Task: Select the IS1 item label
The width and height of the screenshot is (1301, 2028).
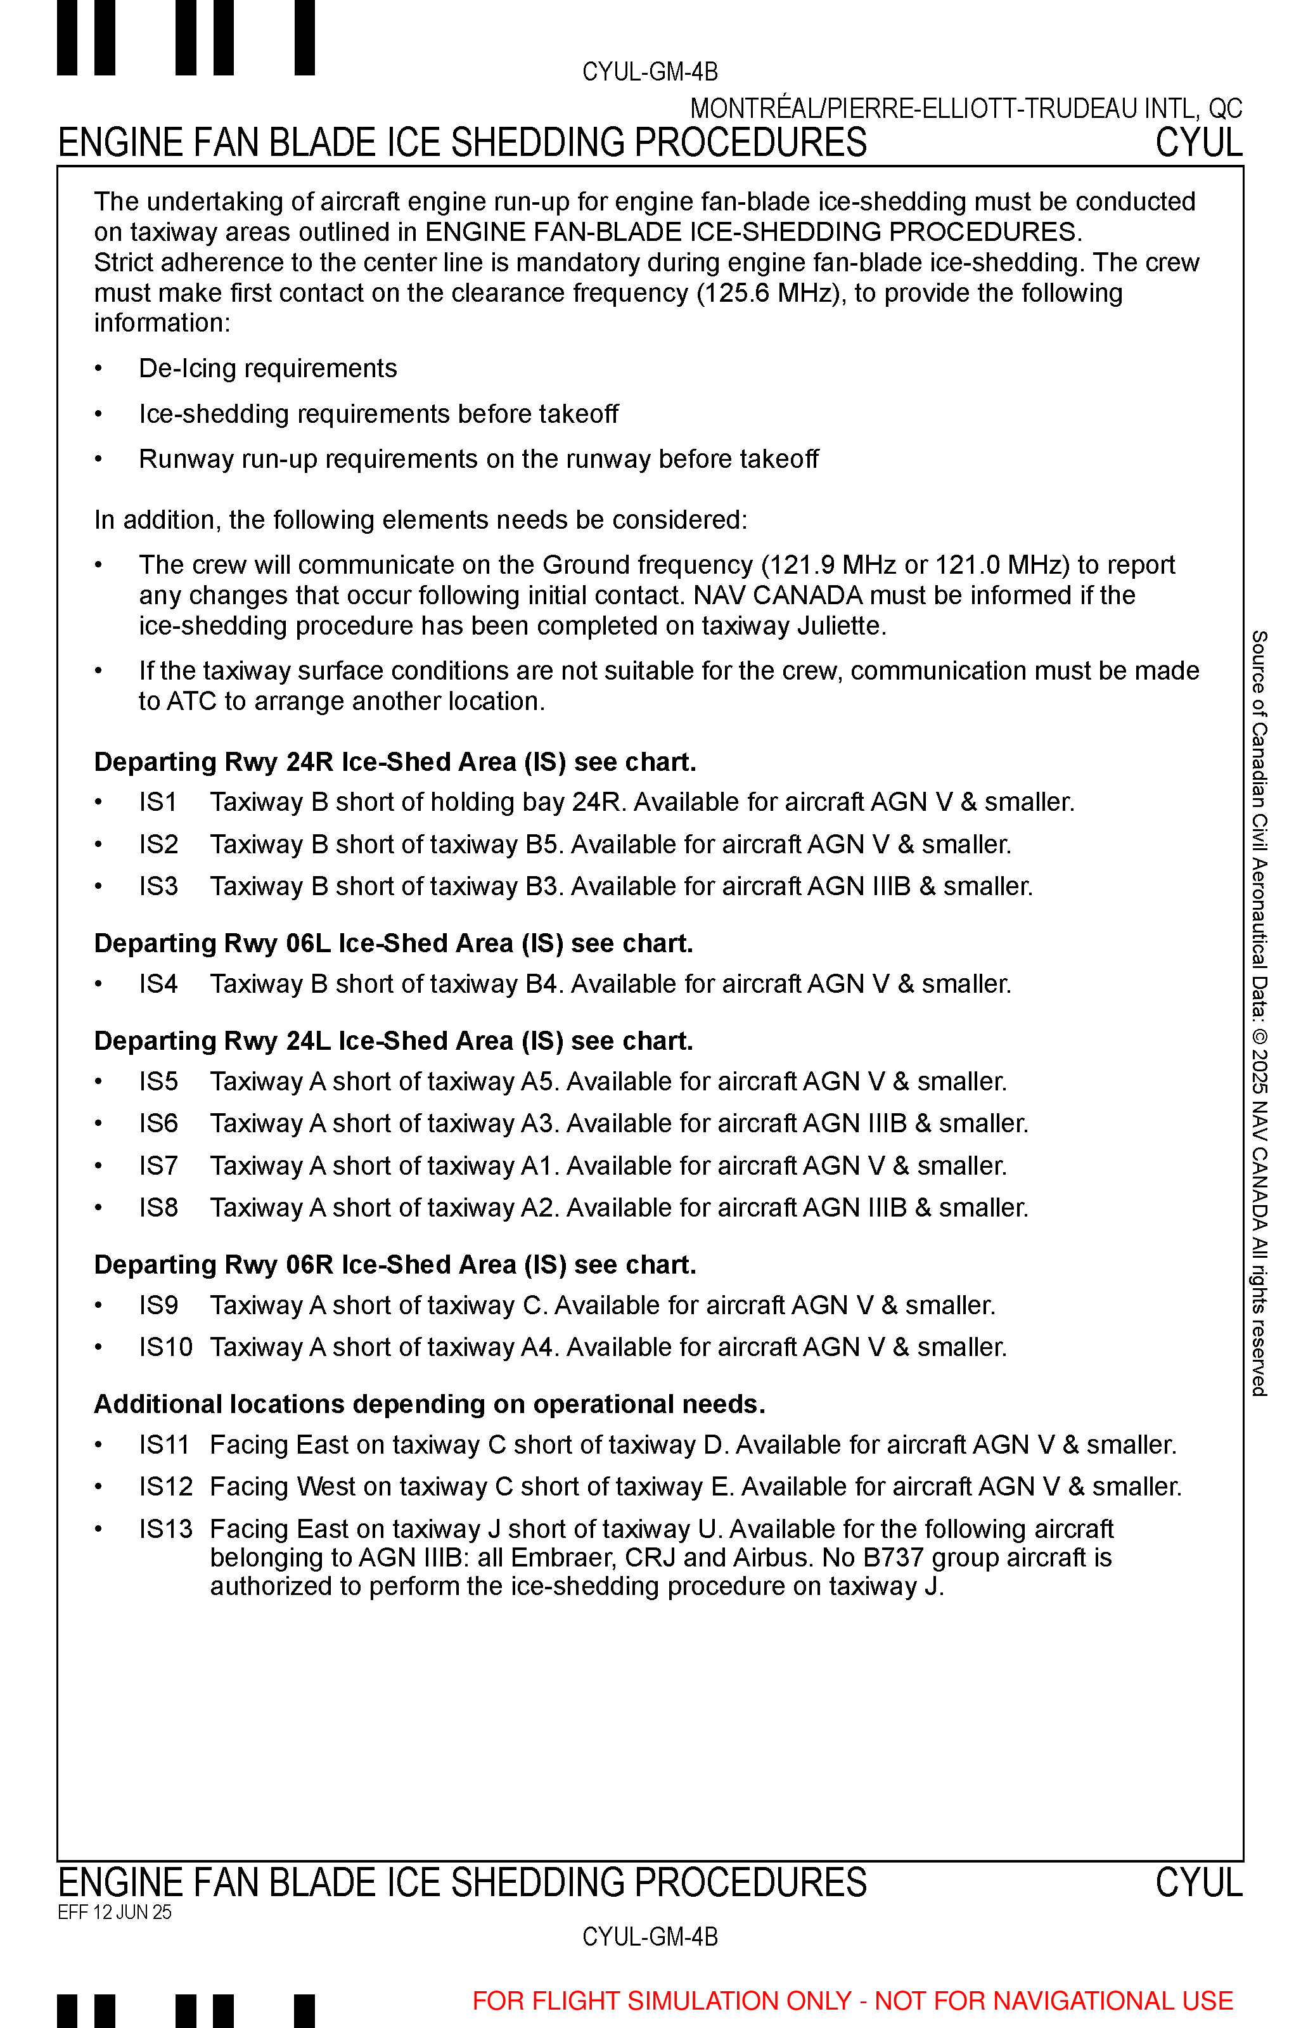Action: pos(158,802)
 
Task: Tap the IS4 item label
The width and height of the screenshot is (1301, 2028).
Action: pos(158,985)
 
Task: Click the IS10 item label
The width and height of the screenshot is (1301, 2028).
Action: pos(165,1347)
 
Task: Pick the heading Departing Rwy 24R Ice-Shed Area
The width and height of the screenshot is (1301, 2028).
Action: pos(395,762)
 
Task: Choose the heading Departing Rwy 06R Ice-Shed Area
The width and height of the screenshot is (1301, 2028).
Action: pos(395,1265)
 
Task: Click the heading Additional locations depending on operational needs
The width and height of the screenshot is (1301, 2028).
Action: pos(429,1404)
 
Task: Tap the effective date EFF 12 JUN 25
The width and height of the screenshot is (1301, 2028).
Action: pos(114,1912)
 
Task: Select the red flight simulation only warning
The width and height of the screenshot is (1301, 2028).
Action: pos(852,2001)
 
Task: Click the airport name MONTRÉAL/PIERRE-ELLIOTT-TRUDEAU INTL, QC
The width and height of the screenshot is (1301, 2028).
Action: pos(966,109)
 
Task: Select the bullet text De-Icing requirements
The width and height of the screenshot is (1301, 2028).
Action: pos(268,369)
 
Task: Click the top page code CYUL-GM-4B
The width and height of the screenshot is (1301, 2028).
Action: pos(650,72)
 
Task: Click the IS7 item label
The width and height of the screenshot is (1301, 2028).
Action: pos(158,1166)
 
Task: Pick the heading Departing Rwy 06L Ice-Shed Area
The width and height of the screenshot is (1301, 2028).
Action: pos(393,944)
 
